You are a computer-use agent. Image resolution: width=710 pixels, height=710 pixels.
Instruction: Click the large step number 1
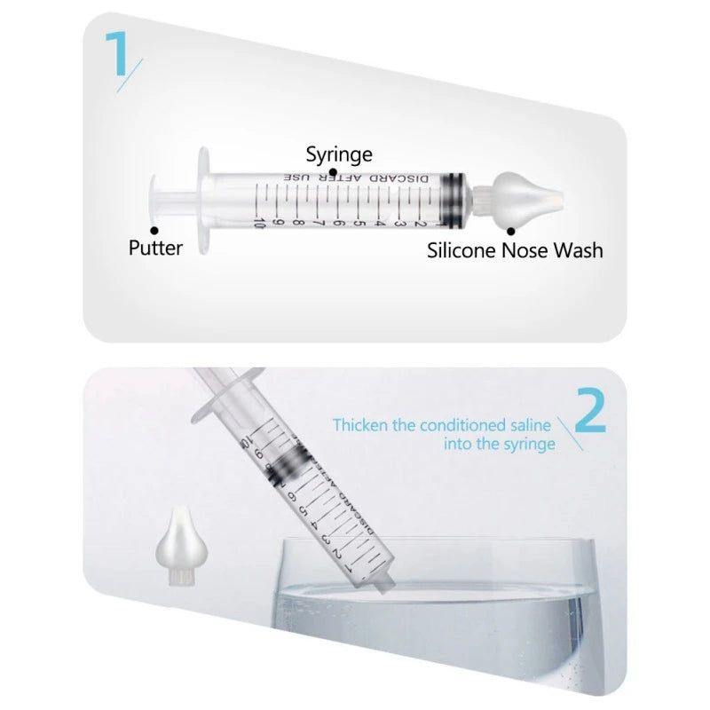tap(116, 53)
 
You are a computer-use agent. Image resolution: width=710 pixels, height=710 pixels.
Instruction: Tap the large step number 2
tap(590, 412)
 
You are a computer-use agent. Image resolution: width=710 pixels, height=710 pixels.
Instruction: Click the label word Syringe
tap(339, 154)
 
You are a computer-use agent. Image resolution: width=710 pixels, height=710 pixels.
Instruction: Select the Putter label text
tap(155, 248)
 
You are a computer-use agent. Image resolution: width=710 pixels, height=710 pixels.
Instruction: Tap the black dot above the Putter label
tap(154, 231)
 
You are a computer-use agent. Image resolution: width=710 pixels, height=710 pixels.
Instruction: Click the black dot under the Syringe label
tap(333, 172)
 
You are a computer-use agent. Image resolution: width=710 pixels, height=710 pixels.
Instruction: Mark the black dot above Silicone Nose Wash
tap(511, 232)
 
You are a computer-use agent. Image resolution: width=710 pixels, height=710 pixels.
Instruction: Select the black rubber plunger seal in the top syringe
tap(453, 198)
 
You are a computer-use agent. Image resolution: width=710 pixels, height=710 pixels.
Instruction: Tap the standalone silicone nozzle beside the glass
tap(182, 547)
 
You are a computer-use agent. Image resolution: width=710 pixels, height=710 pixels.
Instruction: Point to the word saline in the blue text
tap(530, 425)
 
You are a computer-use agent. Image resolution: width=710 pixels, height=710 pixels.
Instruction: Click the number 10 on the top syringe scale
tap(259, 223)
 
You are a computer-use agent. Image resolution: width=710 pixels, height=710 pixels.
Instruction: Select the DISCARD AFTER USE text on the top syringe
tap(356, 178)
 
